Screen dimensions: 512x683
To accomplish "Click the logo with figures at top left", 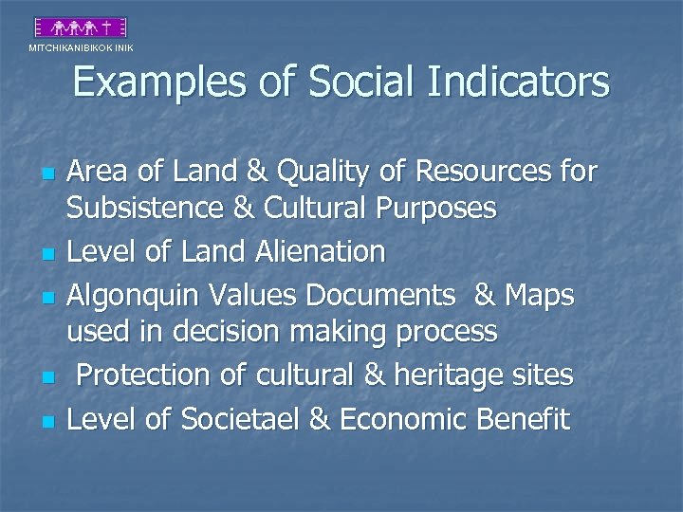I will coord(80,27).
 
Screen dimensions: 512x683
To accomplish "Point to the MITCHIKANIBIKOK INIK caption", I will coord(81,47).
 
